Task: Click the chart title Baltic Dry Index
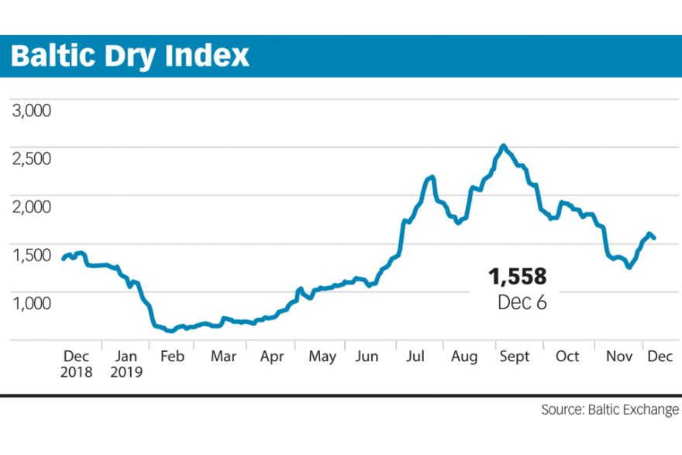130,56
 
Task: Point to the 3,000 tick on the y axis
32,111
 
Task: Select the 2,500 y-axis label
32,159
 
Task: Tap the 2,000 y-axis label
32,207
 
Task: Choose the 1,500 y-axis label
32,255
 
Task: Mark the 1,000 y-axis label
32,303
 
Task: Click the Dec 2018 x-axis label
77,364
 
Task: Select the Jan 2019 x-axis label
125,364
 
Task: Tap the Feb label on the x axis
171,357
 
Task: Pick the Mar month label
223,357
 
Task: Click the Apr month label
272,357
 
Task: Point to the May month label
322,357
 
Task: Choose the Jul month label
416,357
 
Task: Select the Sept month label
515,357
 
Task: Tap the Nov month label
618,357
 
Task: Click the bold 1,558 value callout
517,276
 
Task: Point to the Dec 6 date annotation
522,302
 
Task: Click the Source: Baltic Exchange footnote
610,409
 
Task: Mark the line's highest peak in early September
504,146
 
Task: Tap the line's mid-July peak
431,178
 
